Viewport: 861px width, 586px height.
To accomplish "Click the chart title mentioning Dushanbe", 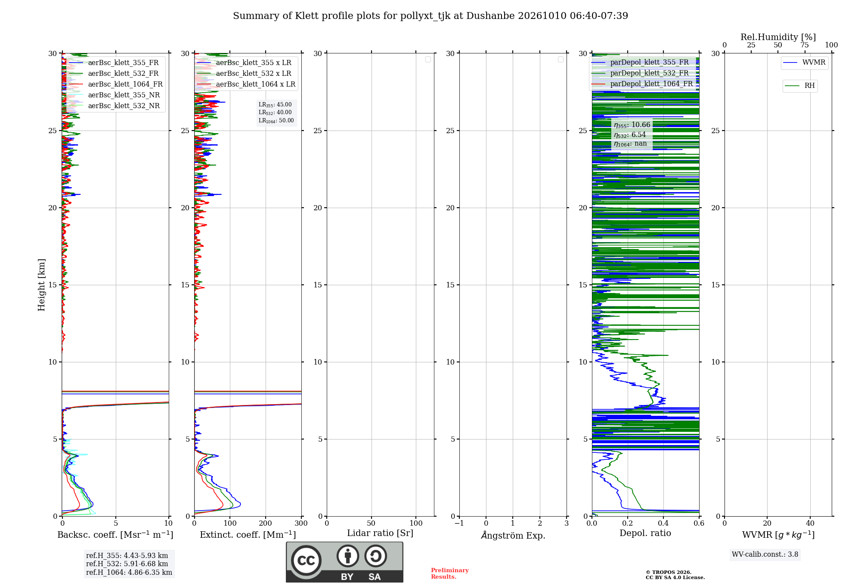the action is (x=430, y=16).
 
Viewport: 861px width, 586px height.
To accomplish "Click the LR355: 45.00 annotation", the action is (x=275, y=105).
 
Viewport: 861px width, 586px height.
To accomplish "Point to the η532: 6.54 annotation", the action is (x=630, y=135).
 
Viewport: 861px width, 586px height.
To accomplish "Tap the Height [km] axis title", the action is (x=41, y=285).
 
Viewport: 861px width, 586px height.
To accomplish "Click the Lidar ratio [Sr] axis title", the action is (x=380, y=533).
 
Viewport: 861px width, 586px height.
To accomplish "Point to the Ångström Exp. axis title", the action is (x=513, y=535).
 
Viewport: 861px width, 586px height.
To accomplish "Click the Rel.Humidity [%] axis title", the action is (x=778, y=37).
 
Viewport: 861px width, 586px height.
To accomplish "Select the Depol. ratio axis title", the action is (x=645, y=533).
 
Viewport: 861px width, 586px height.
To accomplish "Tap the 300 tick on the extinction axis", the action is (x=301, y=524).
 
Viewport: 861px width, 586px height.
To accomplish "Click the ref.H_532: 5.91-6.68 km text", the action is (x=127, y=564).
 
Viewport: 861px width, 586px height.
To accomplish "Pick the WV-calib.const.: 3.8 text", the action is (x=765, y=555).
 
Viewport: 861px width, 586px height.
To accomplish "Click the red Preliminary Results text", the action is (x=450, y=574).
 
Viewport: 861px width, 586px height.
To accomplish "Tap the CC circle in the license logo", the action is (x=306, y=560).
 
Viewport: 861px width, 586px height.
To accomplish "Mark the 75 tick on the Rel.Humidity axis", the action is (x=805, y=45).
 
